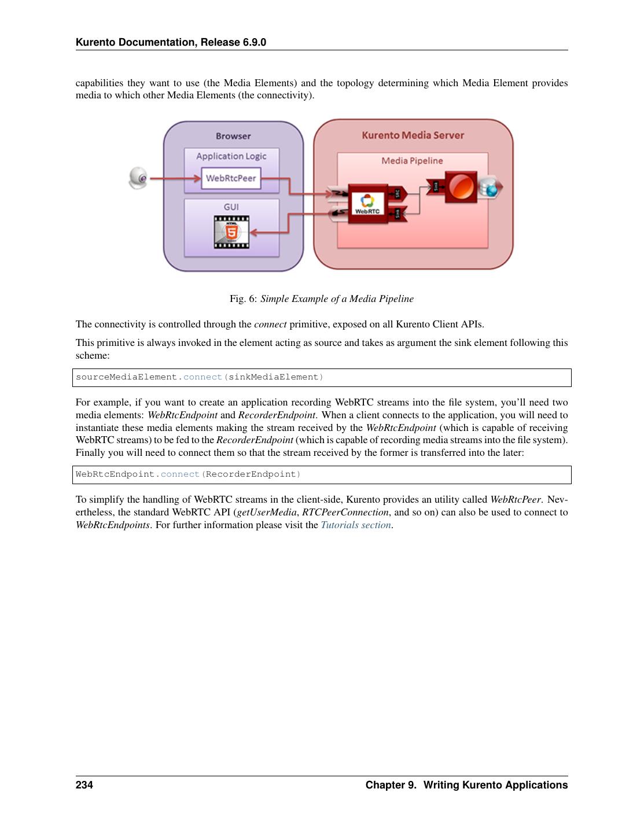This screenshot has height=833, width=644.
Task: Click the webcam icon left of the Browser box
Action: (x=138, y=178)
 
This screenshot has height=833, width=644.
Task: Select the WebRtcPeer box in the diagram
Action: (x=231, y=178)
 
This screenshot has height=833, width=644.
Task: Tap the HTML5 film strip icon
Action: (x=231, y=232)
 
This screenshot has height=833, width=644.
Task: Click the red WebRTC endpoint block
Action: (x=368, y=204)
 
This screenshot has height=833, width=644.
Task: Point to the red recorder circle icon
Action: (x=461, y=187)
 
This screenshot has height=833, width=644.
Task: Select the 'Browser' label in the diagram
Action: (x=233, y=136)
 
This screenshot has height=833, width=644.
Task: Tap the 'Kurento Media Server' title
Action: (x=413, y=135)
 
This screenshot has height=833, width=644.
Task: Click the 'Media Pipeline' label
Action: (x=412, y=161)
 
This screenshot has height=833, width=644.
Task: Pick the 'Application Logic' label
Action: (x=231, y=156)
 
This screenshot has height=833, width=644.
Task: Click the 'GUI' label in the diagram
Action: (x=231, y=207)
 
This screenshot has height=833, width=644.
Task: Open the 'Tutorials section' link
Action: (x=356, y=525)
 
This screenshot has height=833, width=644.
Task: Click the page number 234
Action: (x=84, y=785)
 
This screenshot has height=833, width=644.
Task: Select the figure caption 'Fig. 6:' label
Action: (x=243, y=299)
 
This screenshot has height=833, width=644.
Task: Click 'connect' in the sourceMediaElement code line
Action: (x=203, y=377)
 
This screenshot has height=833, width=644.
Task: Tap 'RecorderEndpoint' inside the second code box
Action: (x=251, y=474)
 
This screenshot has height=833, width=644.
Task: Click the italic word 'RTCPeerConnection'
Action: (x=345, y=513)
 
